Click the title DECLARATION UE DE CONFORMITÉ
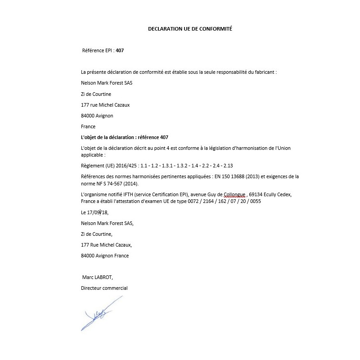point(190,28)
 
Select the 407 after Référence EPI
point(120,50)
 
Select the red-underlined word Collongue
point(232,194)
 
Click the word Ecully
point(275,194)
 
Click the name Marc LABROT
point(98,278)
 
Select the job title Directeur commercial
point(104,288)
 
